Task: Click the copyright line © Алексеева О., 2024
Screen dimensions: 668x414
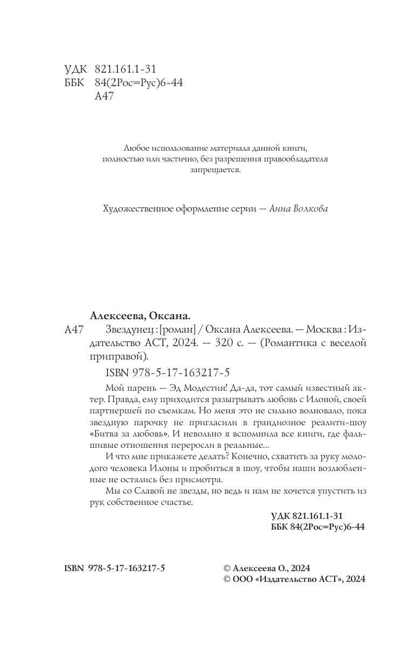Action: [x=266, y=568]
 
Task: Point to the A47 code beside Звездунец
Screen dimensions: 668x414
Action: [x=73, y=329]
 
